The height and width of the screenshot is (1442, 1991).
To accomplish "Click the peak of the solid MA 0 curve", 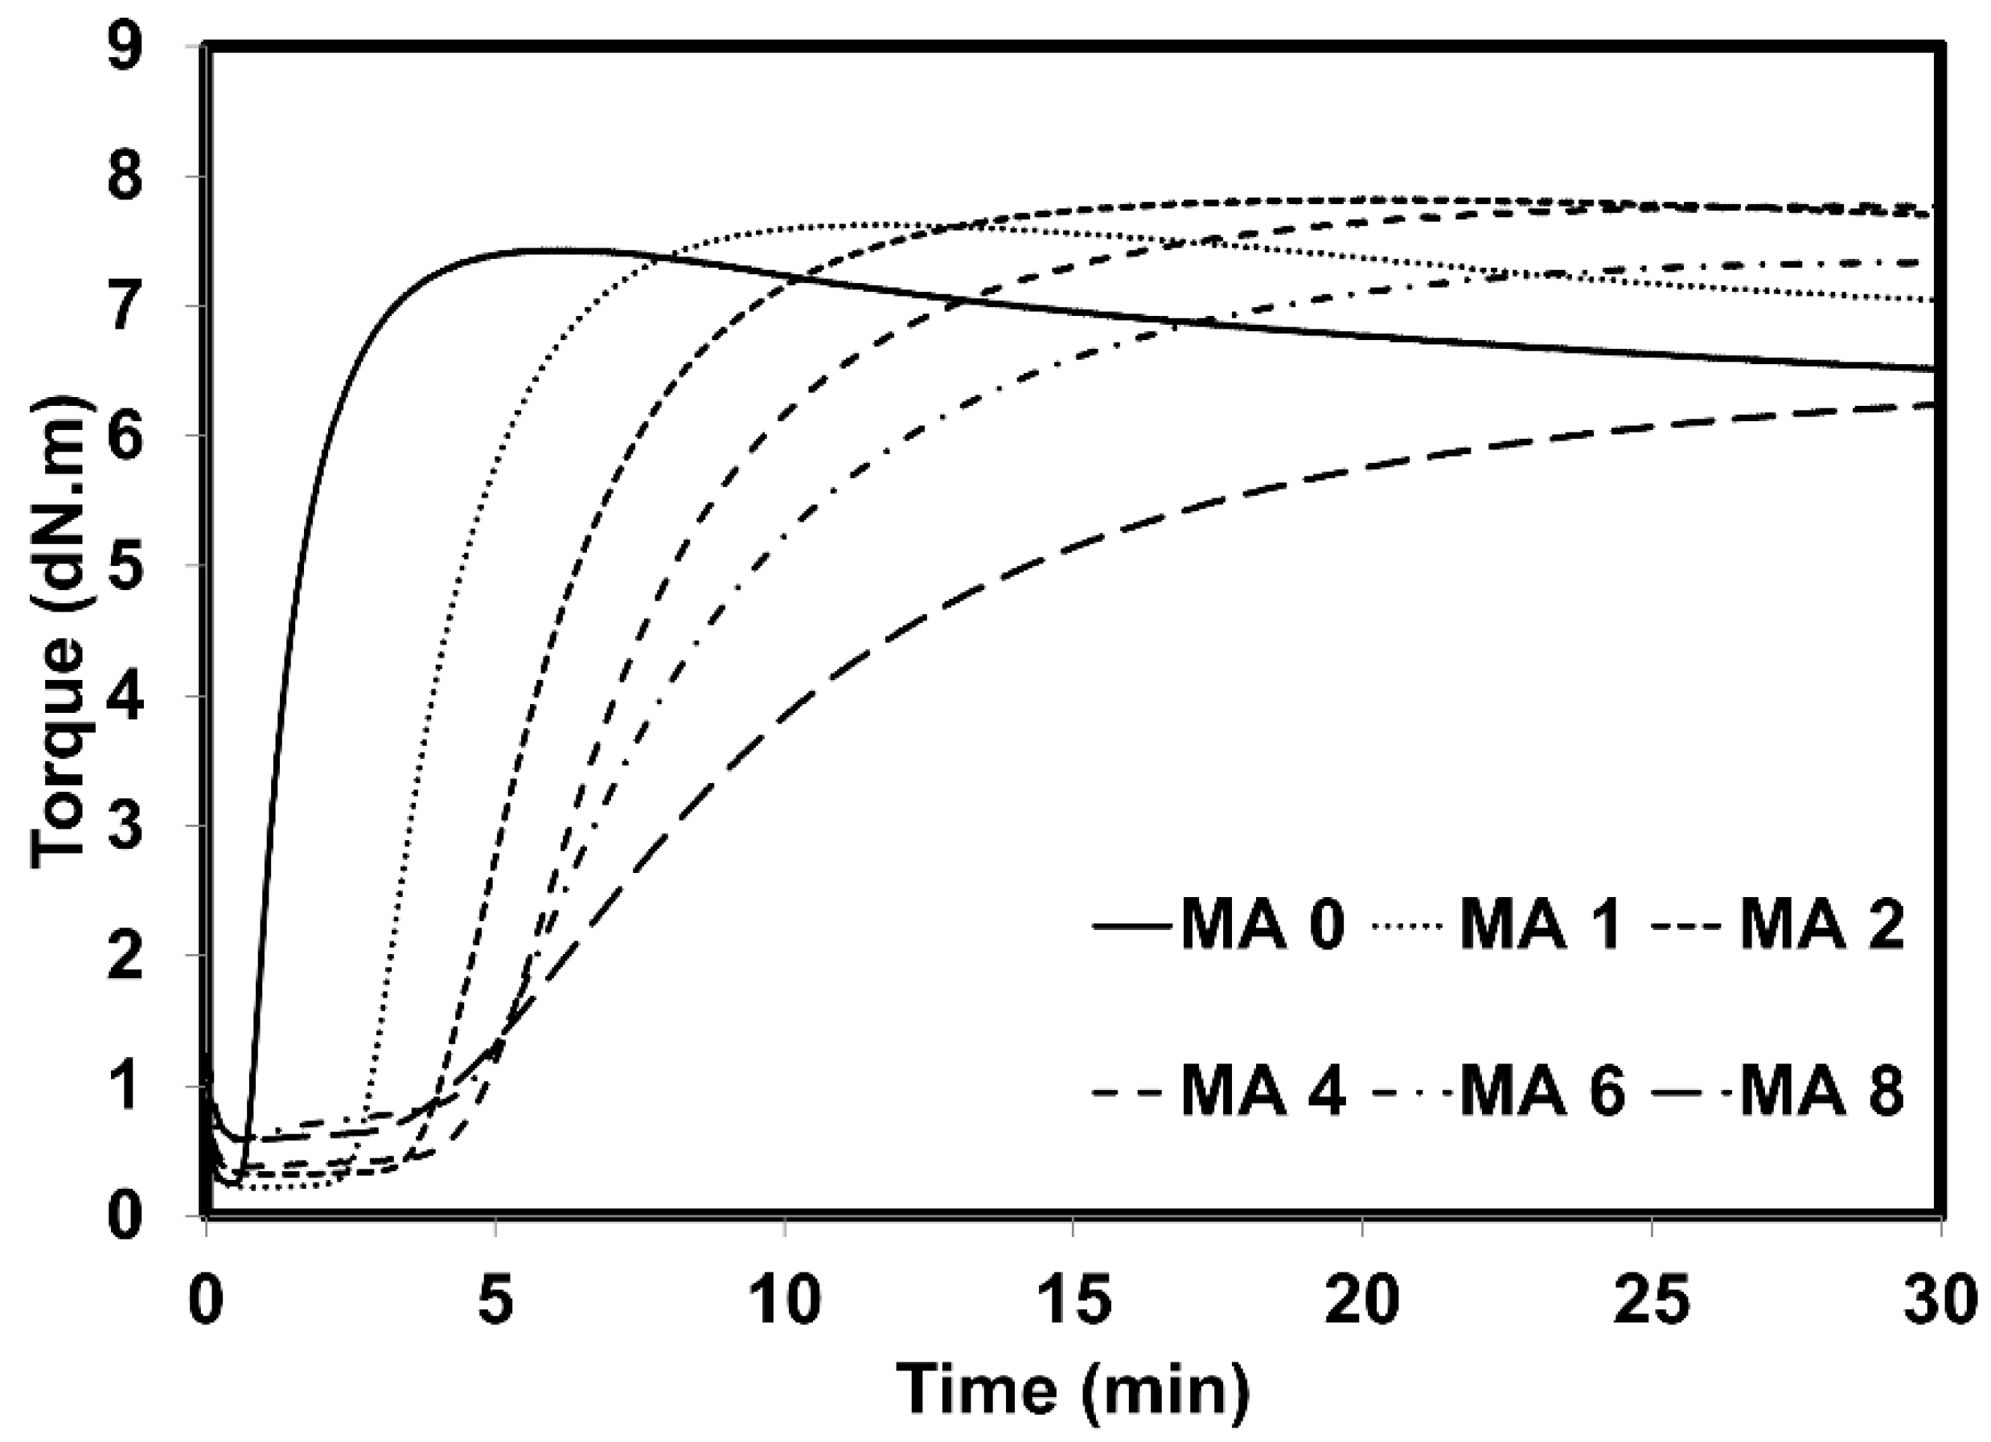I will (553, 251).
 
